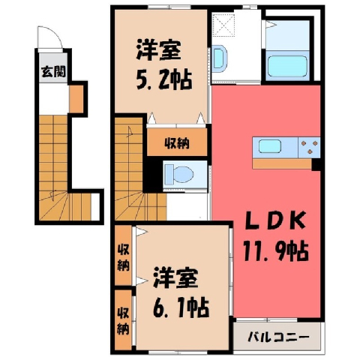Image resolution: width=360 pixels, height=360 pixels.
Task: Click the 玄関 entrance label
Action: click(x=54, y=72)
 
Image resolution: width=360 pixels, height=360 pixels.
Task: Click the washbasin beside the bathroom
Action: click(x=220, y=59)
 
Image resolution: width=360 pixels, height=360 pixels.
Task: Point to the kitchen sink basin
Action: click(x=270, y=146)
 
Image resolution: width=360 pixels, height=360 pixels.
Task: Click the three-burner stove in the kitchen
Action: click(x=309, y=147)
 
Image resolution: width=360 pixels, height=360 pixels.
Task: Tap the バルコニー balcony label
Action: click(x=278, y=337)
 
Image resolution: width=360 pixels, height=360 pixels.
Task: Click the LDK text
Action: click(x=274, y=220)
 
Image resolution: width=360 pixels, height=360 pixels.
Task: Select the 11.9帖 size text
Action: click(x=275, y=250)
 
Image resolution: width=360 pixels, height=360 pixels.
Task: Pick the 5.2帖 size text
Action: click(x=164, y=80)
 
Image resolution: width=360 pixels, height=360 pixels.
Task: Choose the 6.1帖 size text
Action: click(x=181, y=307)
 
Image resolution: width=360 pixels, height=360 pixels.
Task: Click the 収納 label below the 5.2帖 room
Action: click(x=177, y=143)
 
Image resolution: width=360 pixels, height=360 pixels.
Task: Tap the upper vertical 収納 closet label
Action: click(x=124, y=259)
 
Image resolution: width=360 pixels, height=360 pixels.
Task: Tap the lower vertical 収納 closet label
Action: click(x=124, y=322)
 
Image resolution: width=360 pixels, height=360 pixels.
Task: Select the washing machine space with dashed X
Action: click(x=223, y=25)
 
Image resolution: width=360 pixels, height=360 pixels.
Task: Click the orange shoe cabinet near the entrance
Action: click(x=76, y=99)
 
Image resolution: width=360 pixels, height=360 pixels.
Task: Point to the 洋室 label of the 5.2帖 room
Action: click(x=158, y=50)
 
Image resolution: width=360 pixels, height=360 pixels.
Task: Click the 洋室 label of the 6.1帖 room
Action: click(x=175, y=278)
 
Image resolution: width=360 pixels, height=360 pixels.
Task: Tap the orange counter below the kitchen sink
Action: click(x=282, y=163)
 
